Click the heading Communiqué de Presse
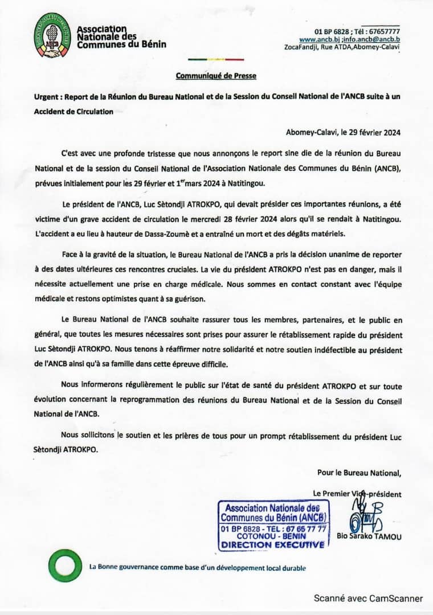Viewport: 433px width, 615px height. (x=216, y=75)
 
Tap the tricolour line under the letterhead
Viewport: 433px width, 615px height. (x=216, y=59)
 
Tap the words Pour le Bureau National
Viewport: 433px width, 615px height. (x=359, y=472)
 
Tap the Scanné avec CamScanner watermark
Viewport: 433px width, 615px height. (x=368, y=598)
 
